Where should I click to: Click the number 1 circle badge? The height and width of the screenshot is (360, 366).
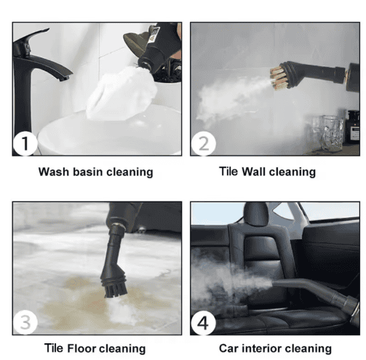(x=25, y=143)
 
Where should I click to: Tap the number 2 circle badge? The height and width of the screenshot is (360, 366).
(x=203, y=143)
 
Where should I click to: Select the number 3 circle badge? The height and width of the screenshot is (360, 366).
(x=25, y=322)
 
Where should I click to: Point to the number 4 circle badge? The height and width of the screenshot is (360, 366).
(x=203, y=322)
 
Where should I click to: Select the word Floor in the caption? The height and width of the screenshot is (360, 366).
(x=81, y=348)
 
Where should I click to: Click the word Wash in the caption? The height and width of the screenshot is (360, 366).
(x=54, y=172)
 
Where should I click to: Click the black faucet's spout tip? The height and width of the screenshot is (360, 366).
(x=65, y=78)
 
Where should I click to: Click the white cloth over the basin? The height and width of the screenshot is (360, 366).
(x=122, y=94)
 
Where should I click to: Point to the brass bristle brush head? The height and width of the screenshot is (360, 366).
(x=278, y=76)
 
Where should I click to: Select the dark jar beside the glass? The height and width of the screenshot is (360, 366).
(x=353, y=127)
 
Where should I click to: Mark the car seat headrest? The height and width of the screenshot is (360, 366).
(x=255, y=215)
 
